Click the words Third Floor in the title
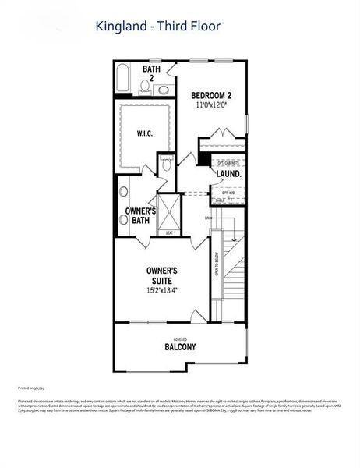tap(189, 27)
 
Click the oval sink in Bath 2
tap(162, 90)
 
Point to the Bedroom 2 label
tap(211, 96)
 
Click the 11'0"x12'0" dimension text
tap(211, 106)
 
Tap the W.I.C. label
tap(144, 133)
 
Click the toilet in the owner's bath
tap(165, 164)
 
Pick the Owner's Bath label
tap(140, 215)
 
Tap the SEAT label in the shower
tap(169, 232)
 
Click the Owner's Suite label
tap(165, 275)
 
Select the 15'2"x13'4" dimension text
tap(165, 291)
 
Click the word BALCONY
tap(180, 347)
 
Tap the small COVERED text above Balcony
tap(180, 339)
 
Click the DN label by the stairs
tap(207, 218)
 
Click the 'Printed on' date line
tap(31, 387)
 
